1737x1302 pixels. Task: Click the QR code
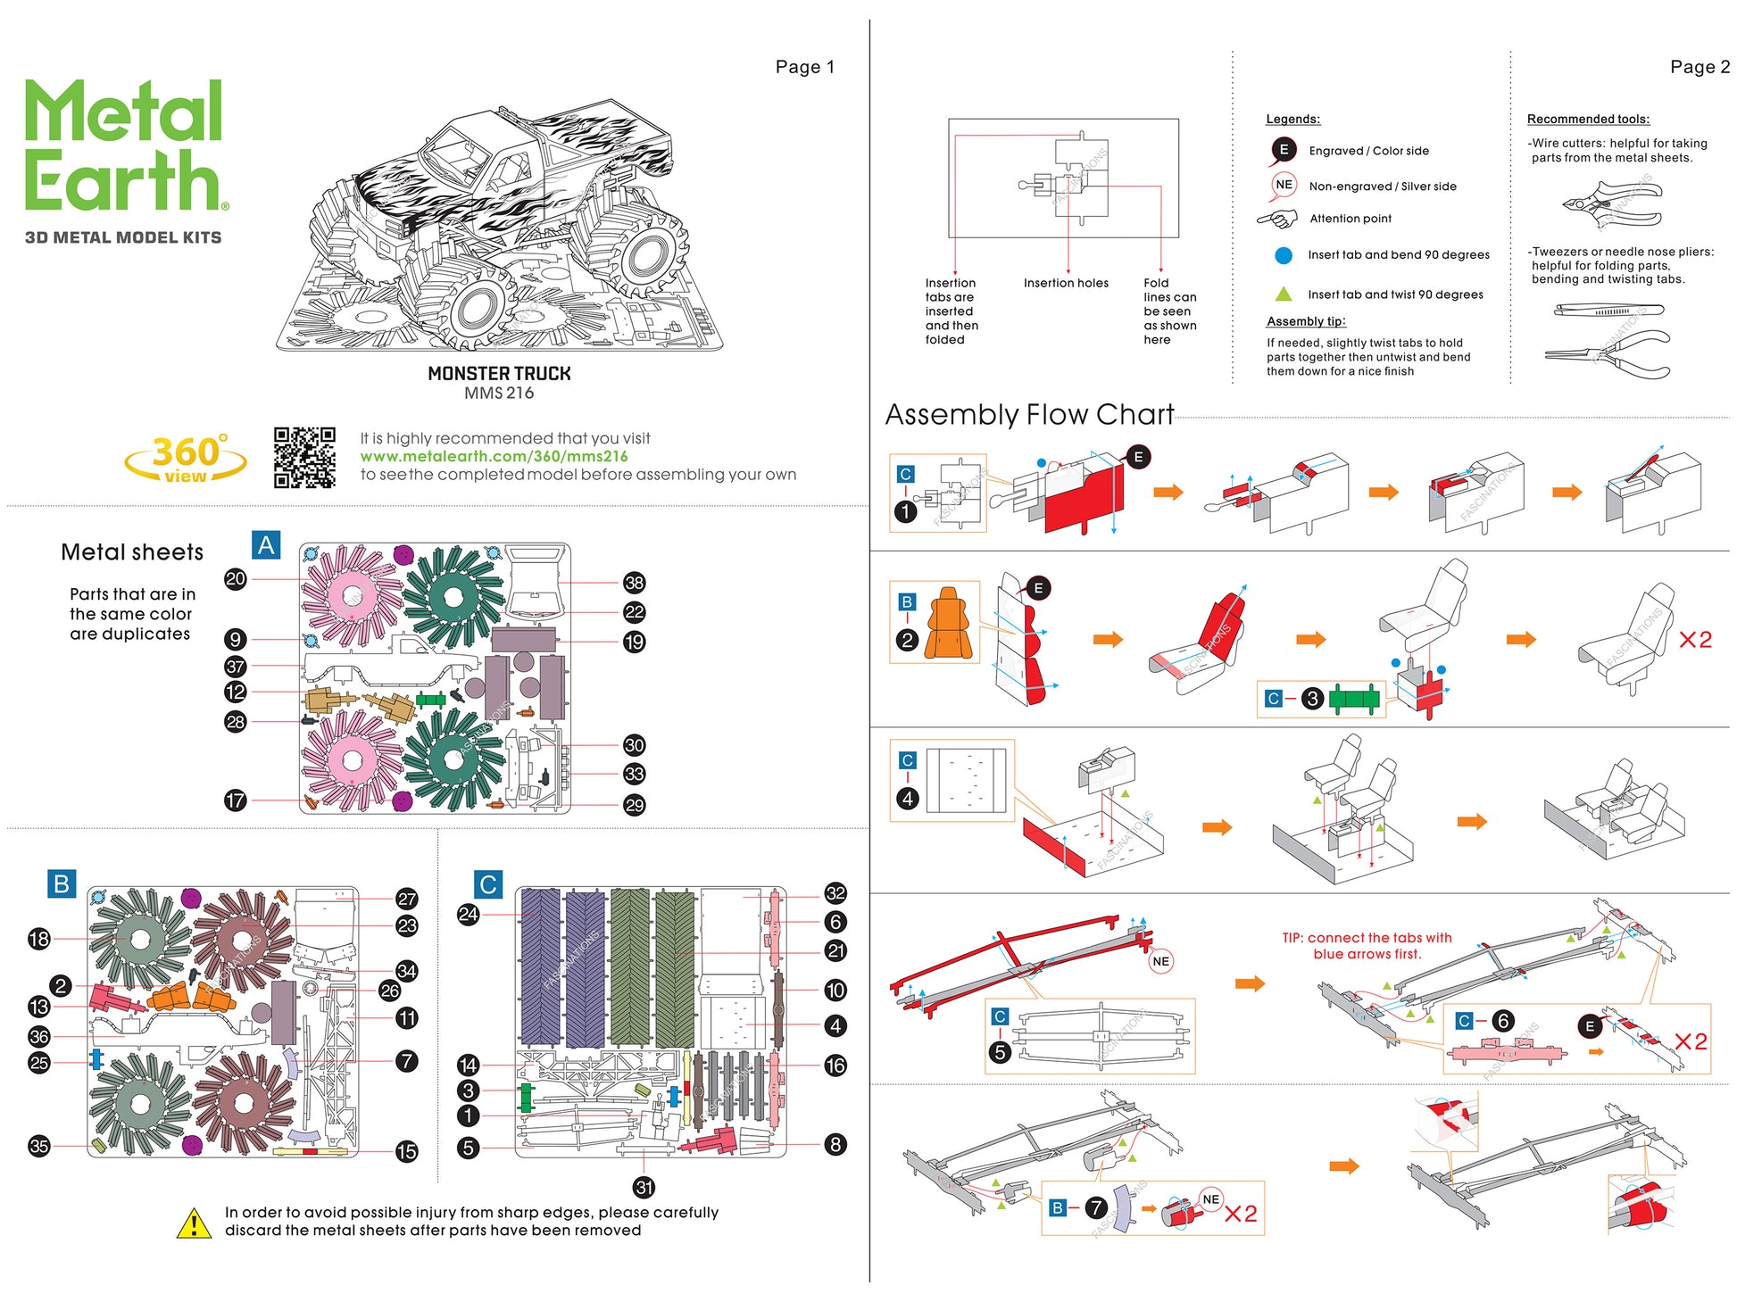(304, 457)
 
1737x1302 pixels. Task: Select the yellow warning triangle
(194, 1223)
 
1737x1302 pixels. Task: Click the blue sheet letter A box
(266, 545)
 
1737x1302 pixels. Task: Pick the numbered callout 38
(634, 583)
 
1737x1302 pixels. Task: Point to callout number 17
(235, 800)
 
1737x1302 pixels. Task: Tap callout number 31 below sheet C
(644, 1187)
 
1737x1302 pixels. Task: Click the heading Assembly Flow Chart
(1029, 415)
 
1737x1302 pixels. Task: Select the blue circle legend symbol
(1284, 255)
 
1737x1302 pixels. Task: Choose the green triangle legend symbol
(1284, 294)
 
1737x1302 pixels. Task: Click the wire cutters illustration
(1612, 204)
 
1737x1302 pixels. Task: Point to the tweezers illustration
(1608, 311)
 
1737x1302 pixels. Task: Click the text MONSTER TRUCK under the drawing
(499, 374)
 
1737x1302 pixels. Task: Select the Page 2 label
(1699, 67)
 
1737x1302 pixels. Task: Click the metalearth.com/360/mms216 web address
(494, 456)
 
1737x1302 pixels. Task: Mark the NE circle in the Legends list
(1284, 185)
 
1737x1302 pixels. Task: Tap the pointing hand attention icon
(1277, 219)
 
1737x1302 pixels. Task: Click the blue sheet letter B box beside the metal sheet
(62, 883)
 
